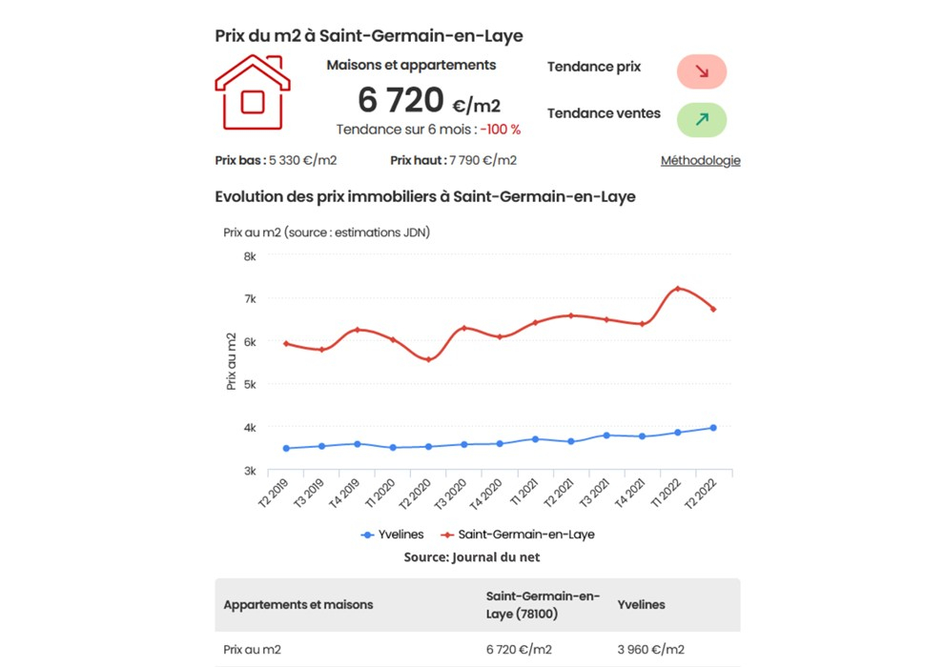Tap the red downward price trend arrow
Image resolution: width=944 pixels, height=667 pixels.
coord(702,71)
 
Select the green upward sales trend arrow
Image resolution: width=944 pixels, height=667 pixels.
coord(702,119)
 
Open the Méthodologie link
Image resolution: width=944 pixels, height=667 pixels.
coord(700,160)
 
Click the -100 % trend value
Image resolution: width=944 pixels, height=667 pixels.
coord(501,130)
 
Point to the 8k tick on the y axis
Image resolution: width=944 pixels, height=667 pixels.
coord(250,256)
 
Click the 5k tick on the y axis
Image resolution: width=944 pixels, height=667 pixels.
coord(250,385)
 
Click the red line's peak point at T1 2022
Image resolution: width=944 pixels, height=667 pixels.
coord(677,289)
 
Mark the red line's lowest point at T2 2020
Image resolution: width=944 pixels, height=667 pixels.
coord(428,359)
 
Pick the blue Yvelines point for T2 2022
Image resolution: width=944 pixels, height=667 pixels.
coord(712,428)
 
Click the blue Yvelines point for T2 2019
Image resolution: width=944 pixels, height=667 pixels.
coord(286,448)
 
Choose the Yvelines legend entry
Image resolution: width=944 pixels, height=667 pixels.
coord(392,535)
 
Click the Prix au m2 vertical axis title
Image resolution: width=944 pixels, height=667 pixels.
coord(231,361)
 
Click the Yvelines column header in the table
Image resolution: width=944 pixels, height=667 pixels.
coord(641,605)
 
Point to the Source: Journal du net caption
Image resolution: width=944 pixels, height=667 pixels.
coord(472,556)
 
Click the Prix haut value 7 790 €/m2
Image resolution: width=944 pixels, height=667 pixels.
coord(482,160)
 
